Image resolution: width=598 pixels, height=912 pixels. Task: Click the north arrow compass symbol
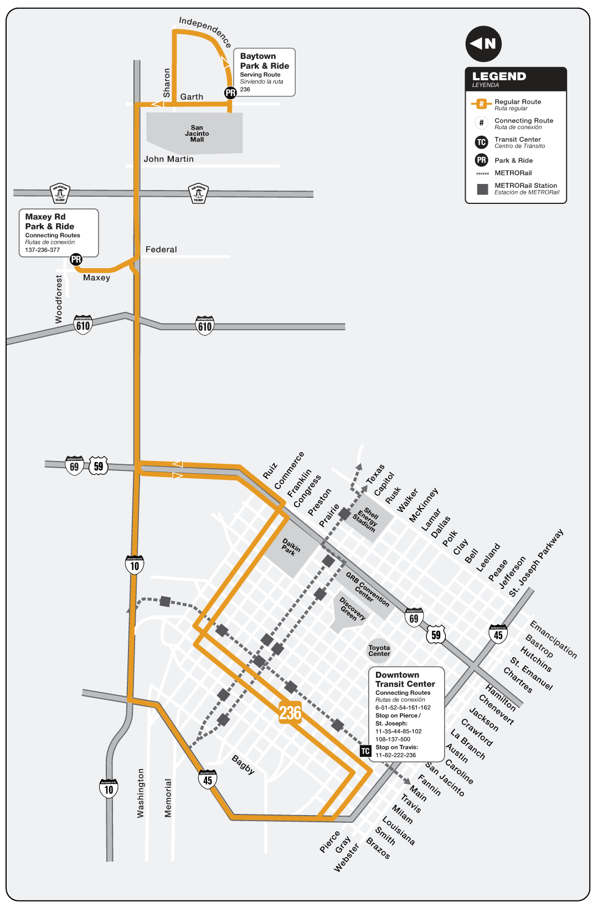pos(483,44)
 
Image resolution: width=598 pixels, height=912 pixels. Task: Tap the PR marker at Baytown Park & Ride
pos(230,93)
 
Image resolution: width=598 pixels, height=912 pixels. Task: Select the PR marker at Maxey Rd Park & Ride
pos(76,259)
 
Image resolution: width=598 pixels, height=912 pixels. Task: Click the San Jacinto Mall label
pos(197,134)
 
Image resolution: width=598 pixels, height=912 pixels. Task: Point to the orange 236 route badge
pos(290,713)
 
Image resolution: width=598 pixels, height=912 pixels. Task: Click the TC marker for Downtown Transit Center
pos(365,751)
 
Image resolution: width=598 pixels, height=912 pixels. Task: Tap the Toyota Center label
pos(379,650)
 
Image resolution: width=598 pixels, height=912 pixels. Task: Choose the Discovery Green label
pos(352,609)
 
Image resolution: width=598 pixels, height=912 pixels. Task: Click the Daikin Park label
pos(290,547)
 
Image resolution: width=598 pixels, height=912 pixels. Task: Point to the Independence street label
pos(205,32)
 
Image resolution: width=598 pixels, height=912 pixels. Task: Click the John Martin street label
pos(169,159)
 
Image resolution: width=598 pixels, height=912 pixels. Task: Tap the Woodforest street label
pos(59,299)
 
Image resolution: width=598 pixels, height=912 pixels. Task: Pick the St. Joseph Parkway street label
pos(536,562)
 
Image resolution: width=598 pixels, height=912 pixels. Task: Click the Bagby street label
pos(243,765)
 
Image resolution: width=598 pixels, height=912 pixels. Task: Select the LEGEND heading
pos(499,76)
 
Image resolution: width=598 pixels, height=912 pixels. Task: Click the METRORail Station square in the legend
pos(482,189)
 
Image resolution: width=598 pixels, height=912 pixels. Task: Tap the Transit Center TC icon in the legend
pos(482,142)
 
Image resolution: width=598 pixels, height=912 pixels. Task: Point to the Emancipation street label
pos(553,639)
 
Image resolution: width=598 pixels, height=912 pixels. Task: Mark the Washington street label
pos(141,793)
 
